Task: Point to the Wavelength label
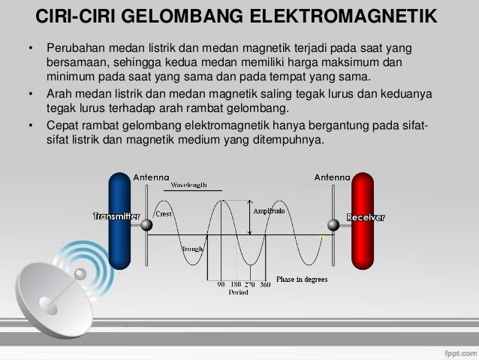188,185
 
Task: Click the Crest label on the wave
164,214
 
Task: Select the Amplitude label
269,212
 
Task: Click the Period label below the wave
238,293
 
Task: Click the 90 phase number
221,286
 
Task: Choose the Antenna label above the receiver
331,177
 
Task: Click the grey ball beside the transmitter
147,225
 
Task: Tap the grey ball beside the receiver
332,225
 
